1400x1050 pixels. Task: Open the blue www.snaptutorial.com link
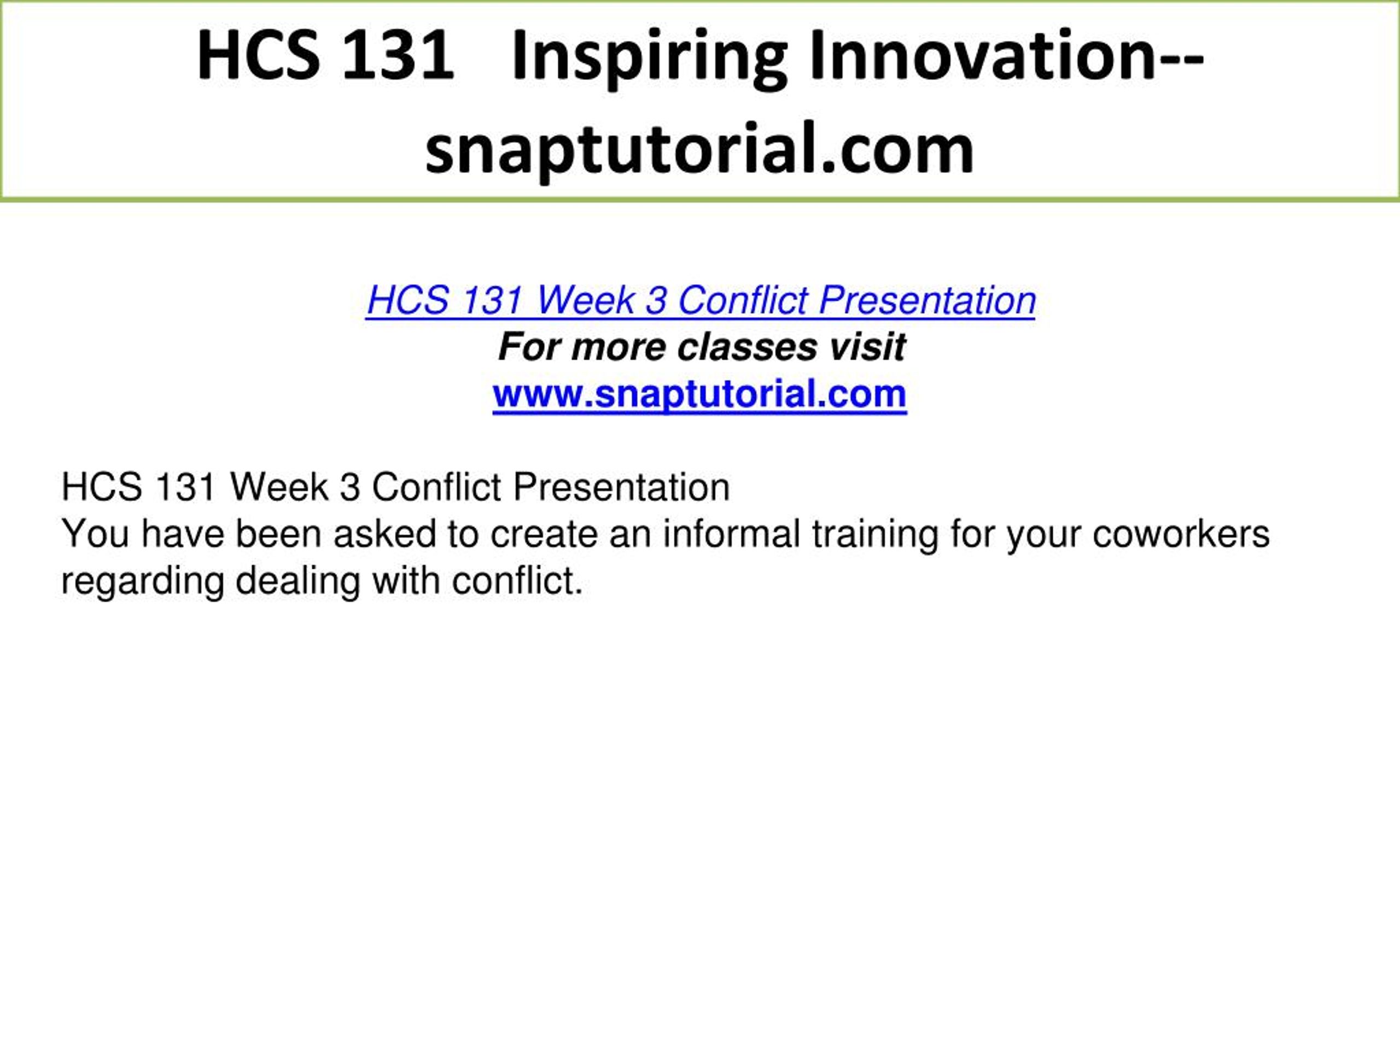[699, 395]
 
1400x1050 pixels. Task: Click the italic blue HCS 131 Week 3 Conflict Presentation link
[701, 300]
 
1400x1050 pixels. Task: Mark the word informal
[732, 534]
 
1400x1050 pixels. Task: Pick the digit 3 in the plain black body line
[350, 487]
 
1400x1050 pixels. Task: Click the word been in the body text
[278, 534]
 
